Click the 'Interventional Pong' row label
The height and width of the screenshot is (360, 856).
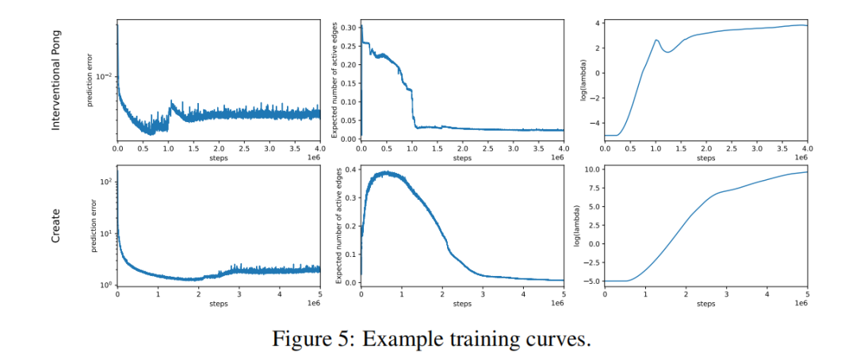click(x=56, y=80)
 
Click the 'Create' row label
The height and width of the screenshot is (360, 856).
click(x=56, y=226)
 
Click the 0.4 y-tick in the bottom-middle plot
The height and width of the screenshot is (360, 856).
click(x=350, y=170)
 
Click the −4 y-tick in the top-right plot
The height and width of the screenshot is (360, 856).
click(x=594, y=123)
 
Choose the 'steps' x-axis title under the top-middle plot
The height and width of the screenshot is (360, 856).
click(x=462, y=158)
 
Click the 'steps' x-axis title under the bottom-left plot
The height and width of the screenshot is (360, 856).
click(x=219, y=304)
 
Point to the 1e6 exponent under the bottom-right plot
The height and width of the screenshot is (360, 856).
click(x=800, y=304)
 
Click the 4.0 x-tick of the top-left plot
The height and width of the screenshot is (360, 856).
click(x=319, y=148)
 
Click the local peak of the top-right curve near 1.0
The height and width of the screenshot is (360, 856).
click(x=656, y=40)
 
